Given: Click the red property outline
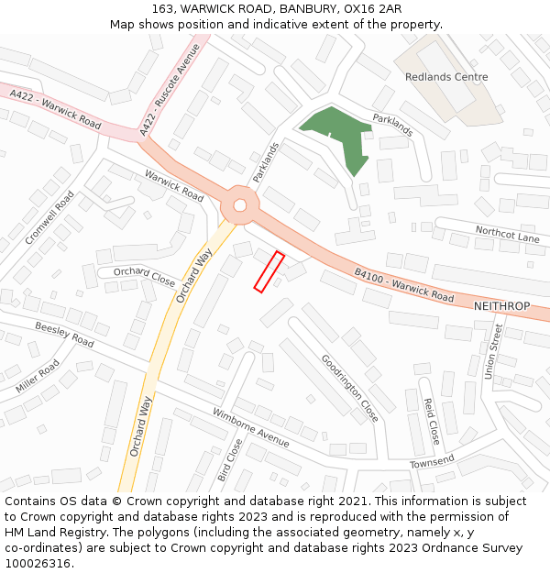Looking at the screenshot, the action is pyautogui.click(x=269, y=272).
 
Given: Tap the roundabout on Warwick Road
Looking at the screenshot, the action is pyautogui.click(x=240, y=204).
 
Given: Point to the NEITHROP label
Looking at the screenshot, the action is pyautogui.click(x=502, y=305).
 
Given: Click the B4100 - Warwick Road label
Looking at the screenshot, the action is pyautogui.click(x=404, y=285).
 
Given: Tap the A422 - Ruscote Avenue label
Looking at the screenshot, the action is pyautogui.click(x=170, y=92).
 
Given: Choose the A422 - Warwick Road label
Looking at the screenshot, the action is pyautogui.click(x=56, y=109).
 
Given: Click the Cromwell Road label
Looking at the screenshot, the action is pyautogui.click(x=49, y=217).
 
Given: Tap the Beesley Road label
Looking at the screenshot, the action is pyautogui.click(x=64, y=335).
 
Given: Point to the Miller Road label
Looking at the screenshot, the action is pyautogui.click(x=38, y=377).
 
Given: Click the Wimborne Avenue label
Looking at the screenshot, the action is pyautogui.click(x=250, y=428).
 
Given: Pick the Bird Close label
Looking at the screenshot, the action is pyautogui.click(x=229, y=461).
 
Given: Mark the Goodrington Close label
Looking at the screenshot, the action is pyautogui.click(x=349, y=387).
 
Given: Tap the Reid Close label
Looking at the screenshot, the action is pyautogui.click(x=431, y=421).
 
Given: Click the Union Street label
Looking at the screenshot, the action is pyautogui.click(x=493, y=350).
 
